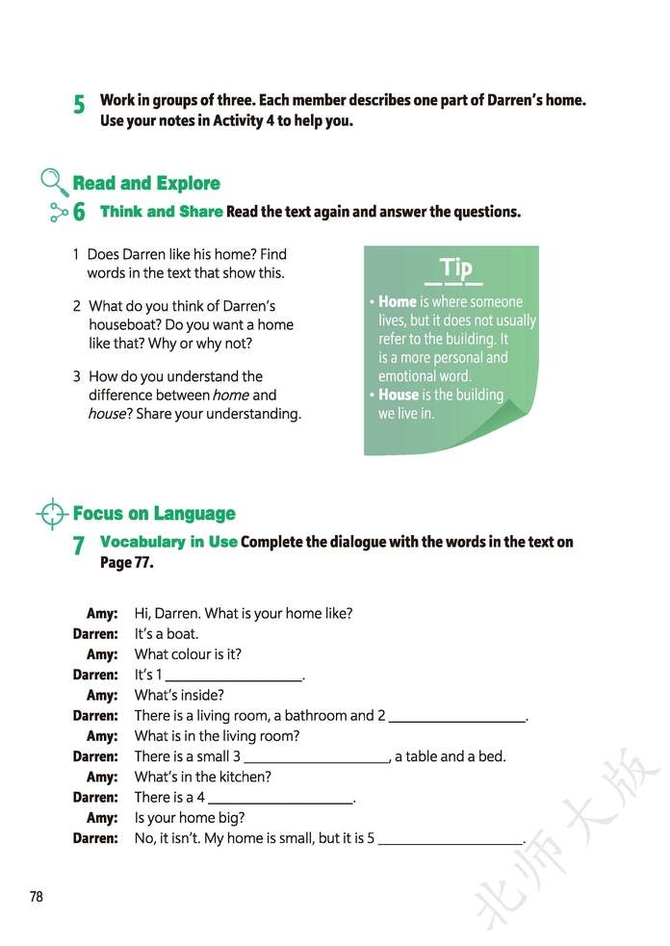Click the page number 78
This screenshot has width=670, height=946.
click(x=37, y=897)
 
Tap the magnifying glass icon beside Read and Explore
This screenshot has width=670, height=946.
click(x=54, y=181)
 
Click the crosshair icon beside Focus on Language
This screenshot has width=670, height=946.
click(x=52, y=514)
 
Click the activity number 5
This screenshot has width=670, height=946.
click(x=79, y=105)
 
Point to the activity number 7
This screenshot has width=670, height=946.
click(x=79, y=547)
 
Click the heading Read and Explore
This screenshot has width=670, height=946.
click(x=146, y=183)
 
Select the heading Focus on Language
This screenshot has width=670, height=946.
click(x=154, y=514)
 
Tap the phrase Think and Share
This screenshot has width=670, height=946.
click(x=161, y=212)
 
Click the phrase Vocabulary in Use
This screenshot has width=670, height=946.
click(x=168, y=542)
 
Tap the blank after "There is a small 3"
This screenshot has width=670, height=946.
click(x=316, y=758)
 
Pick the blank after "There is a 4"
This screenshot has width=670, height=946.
click(x=280, y=799)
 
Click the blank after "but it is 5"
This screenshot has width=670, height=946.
click(x=450, y=840)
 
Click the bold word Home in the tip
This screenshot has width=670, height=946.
click(x=398, y=302)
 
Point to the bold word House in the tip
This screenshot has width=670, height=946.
click(x=399, y=395)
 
